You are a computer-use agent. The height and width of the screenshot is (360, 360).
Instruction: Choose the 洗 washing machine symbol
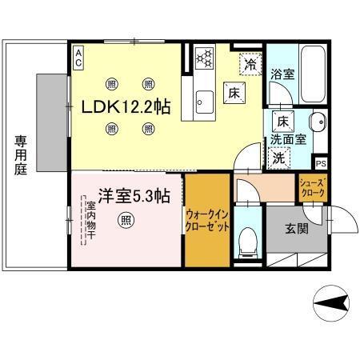click(279, 158)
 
